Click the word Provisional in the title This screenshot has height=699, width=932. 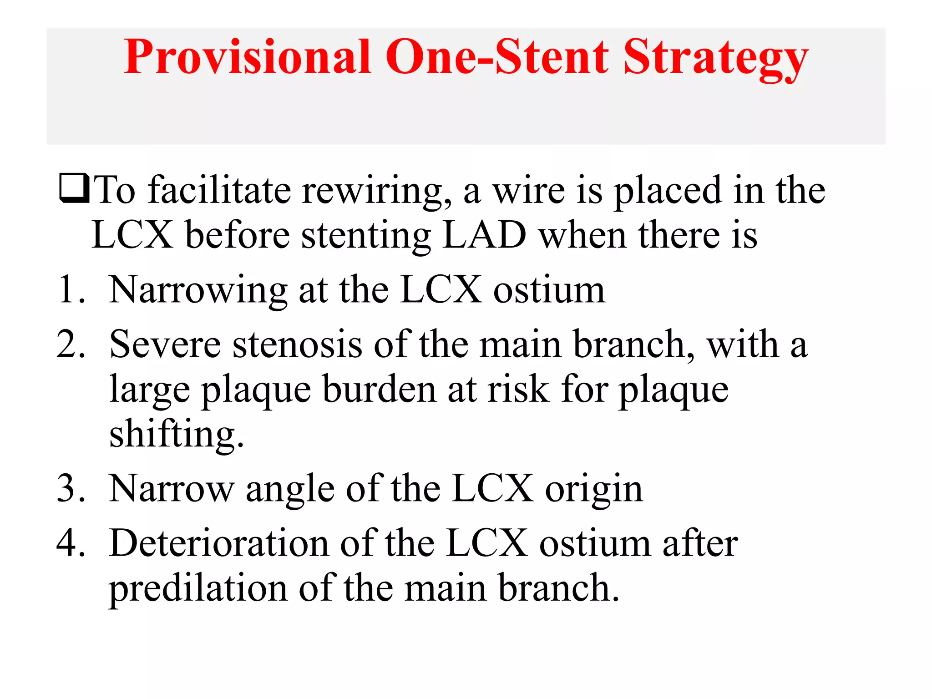[247, 57]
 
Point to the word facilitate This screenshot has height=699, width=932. [219, 190]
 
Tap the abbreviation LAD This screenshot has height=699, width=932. [484, 235]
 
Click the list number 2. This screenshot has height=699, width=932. [71, 344]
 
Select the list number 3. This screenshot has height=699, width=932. [71, 488]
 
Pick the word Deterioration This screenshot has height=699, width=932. [219, 543]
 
